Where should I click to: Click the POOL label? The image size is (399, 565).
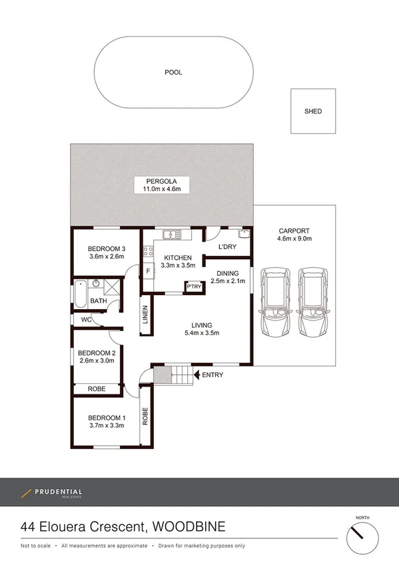click(x=173, y=73)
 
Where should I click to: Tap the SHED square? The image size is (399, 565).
click(x=312, y=111)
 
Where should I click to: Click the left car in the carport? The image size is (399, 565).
click(x=275, y=302)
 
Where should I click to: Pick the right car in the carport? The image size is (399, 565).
click(x=313, y=302)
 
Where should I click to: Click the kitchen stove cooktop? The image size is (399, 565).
click(x=148, y=253)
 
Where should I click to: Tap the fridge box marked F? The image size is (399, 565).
click(x=148, y=271)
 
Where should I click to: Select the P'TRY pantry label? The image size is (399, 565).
click(x=194, y=286)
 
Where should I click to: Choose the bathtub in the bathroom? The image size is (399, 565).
click(x=81, y=294)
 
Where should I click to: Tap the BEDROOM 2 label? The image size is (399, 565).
click(x=97, y=352)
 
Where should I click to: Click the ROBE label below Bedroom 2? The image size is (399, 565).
click(x=97, y=389)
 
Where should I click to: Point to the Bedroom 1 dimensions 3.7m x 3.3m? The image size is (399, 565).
click(x=107, y=426)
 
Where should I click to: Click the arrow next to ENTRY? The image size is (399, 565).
click(x=197, y=375)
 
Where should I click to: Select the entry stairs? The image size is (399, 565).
click(x=178, y=376)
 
